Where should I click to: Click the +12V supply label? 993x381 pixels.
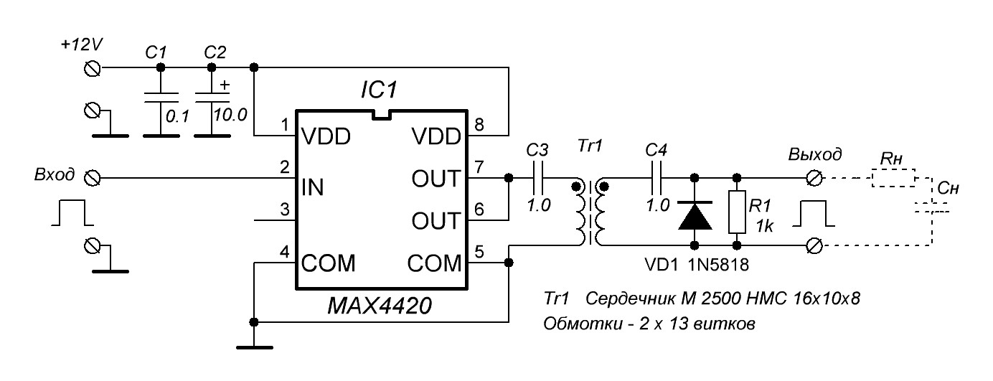point(83,45)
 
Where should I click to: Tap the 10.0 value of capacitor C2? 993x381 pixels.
point(230,114)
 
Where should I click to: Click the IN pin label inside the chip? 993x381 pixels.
point(314,188)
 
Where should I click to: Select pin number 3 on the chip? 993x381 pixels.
point(284,210)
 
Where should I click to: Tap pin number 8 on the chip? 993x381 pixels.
point(480,125)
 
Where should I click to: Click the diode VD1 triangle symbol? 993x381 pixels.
point(695,215)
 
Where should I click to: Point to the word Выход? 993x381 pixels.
point(815,154)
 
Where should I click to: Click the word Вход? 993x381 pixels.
point(55,176)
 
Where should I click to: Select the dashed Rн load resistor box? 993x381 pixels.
point(893,177)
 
